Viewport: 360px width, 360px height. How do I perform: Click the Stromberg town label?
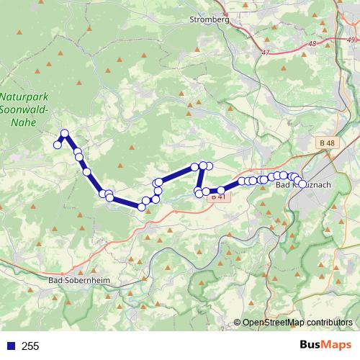point(208,20)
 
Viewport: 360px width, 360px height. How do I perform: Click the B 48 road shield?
point(325,143)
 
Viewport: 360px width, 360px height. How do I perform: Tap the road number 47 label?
point(266,52)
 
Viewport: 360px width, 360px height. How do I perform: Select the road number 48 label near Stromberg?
point(311,45)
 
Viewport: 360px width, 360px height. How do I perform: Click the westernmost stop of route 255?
point(58,145)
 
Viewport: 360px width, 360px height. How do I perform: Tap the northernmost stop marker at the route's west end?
point(64,132)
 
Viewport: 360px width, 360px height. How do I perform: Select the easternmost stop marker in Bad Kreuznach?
point(302,184)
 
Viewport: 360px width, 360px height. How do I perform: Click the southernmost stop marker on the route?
point(142,207)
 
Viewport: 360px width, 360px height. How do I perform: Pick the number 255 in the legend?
point(30,346)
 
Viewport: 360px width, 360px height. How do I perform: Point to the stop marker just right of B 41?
point(220,191)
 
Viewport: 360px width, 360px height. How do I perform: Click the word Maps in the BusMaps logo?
point(336,346)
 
